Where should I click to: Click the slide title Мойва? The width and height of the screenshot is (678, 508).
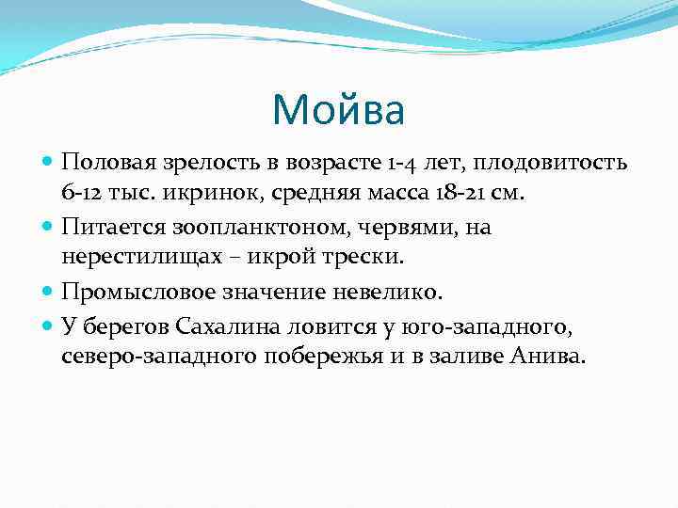[x=338, y=111]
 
